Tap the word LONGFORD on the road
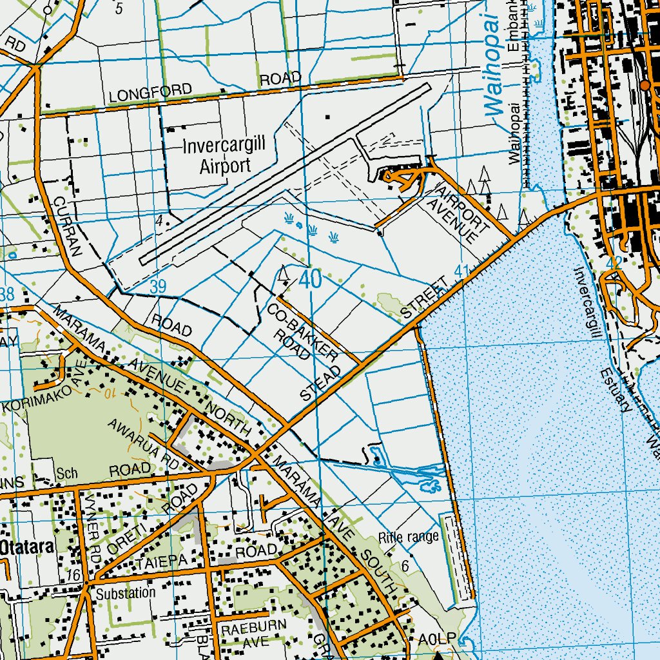151,93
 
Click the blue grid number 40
310,280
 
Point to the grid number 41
462,271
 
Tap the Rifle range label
409,536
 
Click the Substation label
126,592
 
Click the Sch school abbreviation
66,473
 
